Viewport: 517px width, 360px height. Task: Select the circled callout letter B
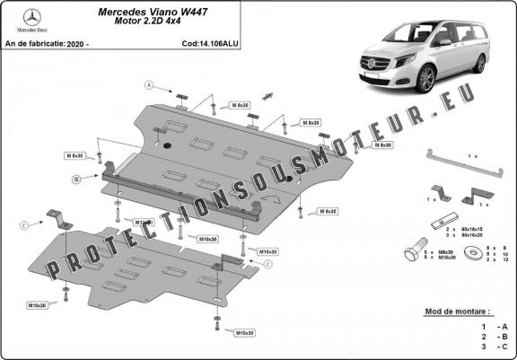click(77, 180)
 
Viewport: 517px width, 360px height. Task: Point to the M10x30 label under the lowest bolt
click(243, 333)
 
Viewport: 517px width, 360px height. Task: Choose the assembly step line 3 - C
click(495, 346)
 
